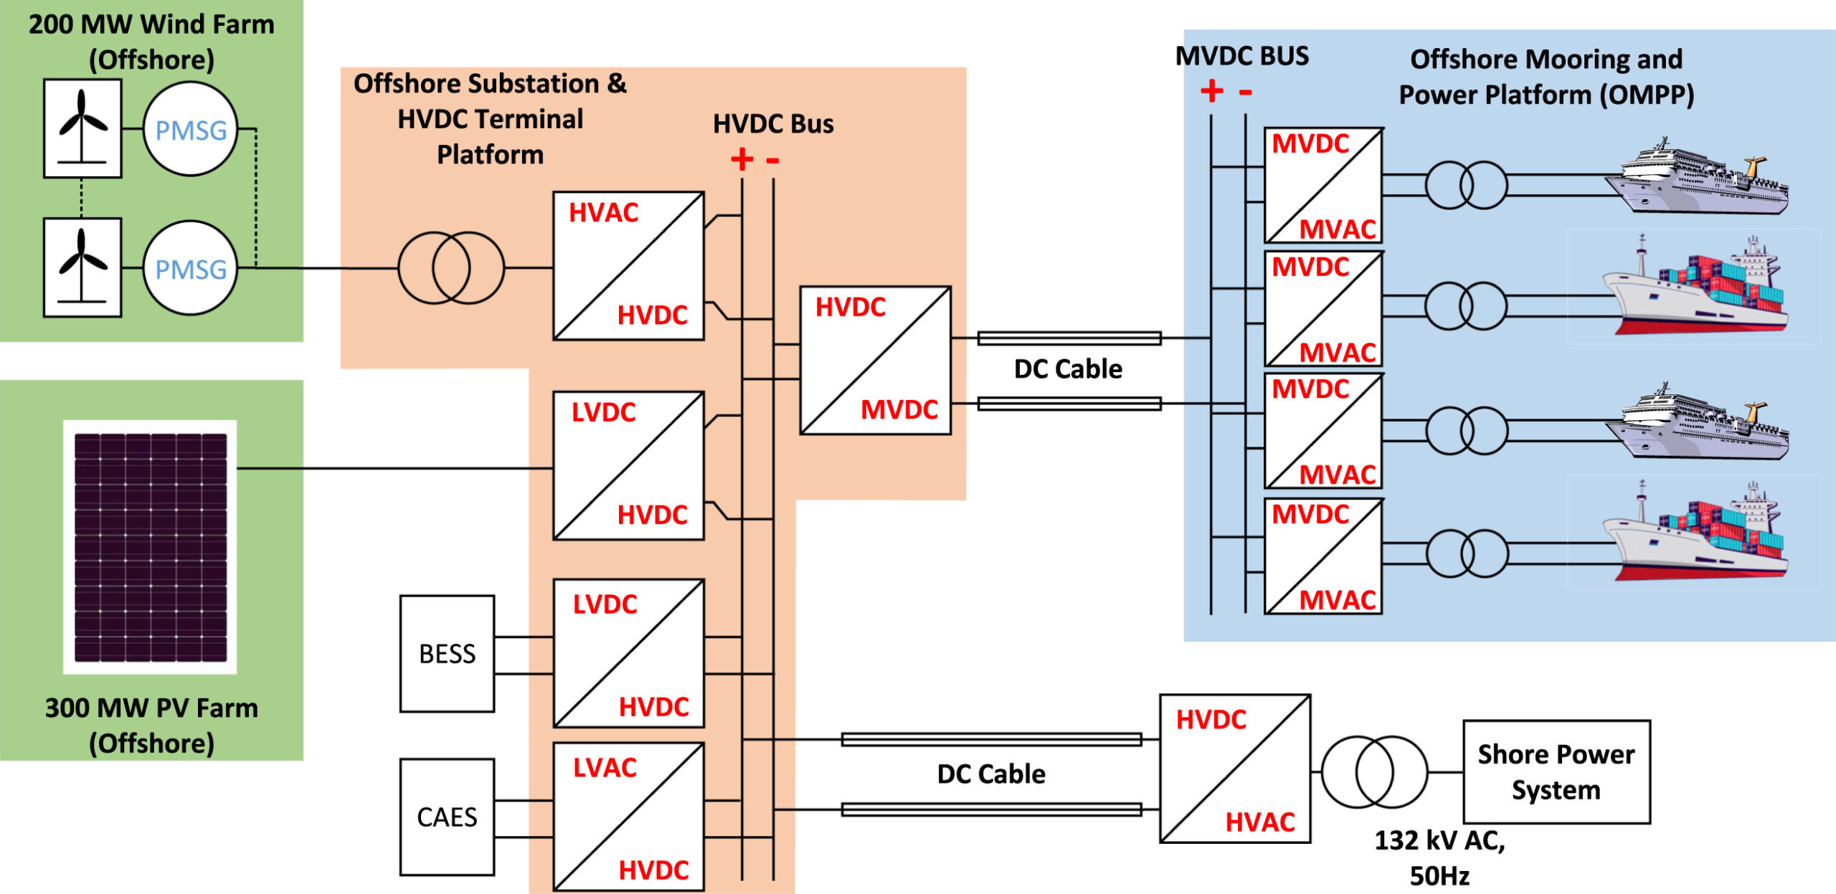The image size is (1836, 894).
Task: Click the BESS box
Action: pos(447,653)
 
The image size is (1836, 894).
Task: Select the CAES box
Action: pos(447,817)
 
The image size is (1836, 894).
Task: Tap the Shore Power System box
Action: pos(1556,771)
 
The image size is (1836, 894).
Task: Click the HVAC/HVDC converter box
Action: pos(628,265)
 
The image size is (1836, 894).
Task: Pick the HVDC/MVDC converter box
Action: pos(875,360)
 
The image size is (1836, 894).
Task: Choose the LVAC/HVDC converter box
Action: pos(628,817)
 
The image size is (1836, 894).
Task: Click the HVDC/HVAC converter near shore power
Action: pos(1235,769)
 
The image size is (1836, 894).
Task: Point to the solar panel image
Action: pos(150,547)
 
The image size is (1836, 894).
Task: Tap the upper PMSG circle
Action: pos(190,129)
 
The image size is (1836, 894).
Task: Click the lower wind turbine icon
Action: pos(82,267)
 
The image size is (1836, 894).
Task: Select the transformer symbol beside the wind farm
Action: pos(451,267)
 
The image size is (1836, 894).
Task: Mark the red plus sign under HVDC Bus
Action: pos(742,159)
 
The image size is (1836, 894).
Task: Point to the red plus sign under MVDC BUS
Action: pos(1211,91)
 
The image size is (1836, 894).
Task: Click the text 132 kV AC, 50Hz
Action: pos(1439,857)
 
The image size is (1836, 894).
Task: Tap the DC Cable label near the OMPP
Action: pos(1068,368)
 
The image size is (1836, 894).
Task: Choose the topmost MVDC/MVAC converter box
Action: pos(1323,186)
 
